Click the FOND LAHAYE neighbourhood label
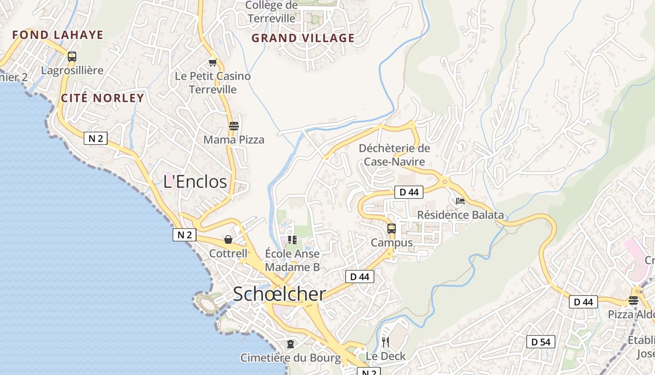(x=58, y=35)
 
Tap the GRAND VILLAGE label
(x=303, y=38)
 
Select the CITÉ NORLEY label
(x=102, y=98)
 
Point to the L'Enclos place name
(x=195, y=181)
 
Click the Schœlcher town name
(x=279, y=294)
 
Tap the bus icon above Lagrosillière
(x=72, y=57)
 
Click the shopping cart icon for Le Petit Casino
(x=213, y=62)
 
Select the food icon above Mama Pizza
(x=233, y=126)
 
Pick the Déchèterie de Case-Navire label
(x=394, y=155)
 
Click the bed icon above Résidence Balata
(x=460, y=201)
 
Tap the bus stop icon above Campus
(x=392, y=229)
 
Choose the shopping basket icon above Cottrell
(x=228, y=240)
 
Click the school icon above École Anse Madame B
(x=292, y=240)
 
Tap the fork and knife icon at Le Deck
(x=385, y=342)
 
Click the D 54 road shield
(x=541, y=342)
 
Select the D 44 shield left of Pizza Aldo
(x=583, y=302)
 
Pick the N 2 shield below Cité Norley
(x=96, y=138)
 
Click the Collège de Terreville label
(x=272, y=12)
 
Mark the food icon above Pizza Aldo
(x=633, y=300)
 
